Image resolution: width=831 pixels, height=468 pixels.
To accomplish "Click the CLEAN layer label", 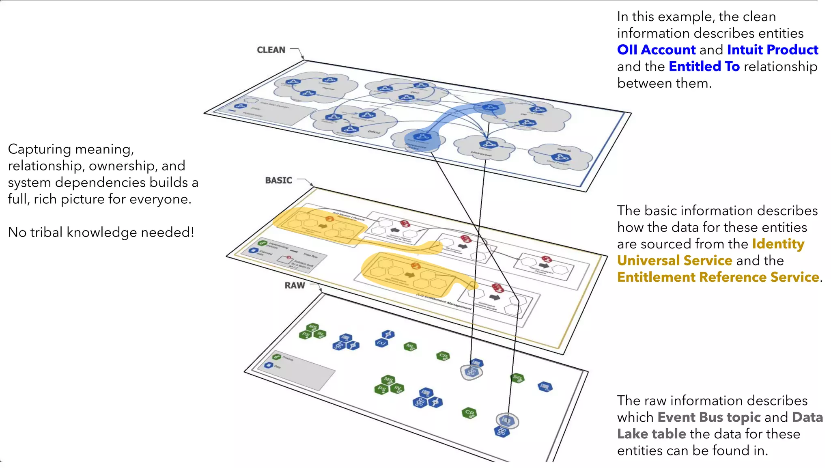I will (x=271, y=50).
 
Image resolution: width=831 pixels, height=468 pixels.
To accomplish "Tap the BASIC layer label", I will (x=278, y=180).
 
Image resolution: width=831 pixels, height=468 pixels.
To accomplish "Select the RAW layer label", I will (x=295, y=285).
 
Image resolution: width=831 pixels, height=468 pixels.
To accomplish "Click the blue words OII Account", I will (x=656, y=50).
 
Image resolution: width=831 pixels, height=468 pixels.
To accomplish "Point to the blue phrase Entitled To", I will (x=704, y=67).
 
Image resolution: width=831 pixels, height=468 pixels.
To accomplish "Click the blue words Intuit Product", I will (x=772, y=50).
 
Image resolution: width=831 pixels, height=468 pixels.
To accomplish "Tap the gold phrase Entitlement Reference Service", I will (x=718, y=277).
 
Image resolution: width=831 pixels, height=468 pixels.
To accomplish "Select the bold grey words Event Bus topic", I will (x=709, y=417).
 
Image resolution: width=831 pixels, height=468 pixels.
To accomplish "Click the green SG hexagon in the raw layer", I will (x=517, y=378).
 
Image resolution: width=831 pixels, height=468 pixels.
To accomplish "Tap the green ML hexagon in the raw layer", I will (x=410, y=346).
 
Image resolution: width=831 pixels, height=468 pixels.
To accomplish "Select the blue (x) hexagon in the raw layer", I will (x=381, y=343).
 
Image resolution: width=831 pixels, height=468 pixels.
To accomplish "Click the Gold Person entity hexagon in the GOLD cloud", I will (x=561, y=157).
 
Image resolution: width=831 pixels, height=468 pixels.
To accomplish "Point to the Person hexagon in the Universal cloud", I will (x=488, y=144).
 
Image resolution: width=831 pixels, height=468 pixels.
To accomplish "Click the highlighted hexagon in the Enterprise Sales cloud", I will (x=422, y=137).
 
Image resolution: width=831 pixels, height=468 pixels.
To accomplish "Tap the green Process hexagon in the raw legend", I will (x=277, y=357).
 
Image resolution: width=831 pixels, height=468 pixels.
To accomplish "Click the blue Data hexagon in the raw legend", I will (x=268, y=365).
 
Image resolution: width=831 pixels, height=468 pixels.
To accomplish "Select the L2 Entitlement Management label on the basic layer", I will (x=444, y=302).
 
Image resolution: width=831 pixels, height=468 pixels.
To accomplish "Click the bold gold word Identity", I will (x=778, y=244).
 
